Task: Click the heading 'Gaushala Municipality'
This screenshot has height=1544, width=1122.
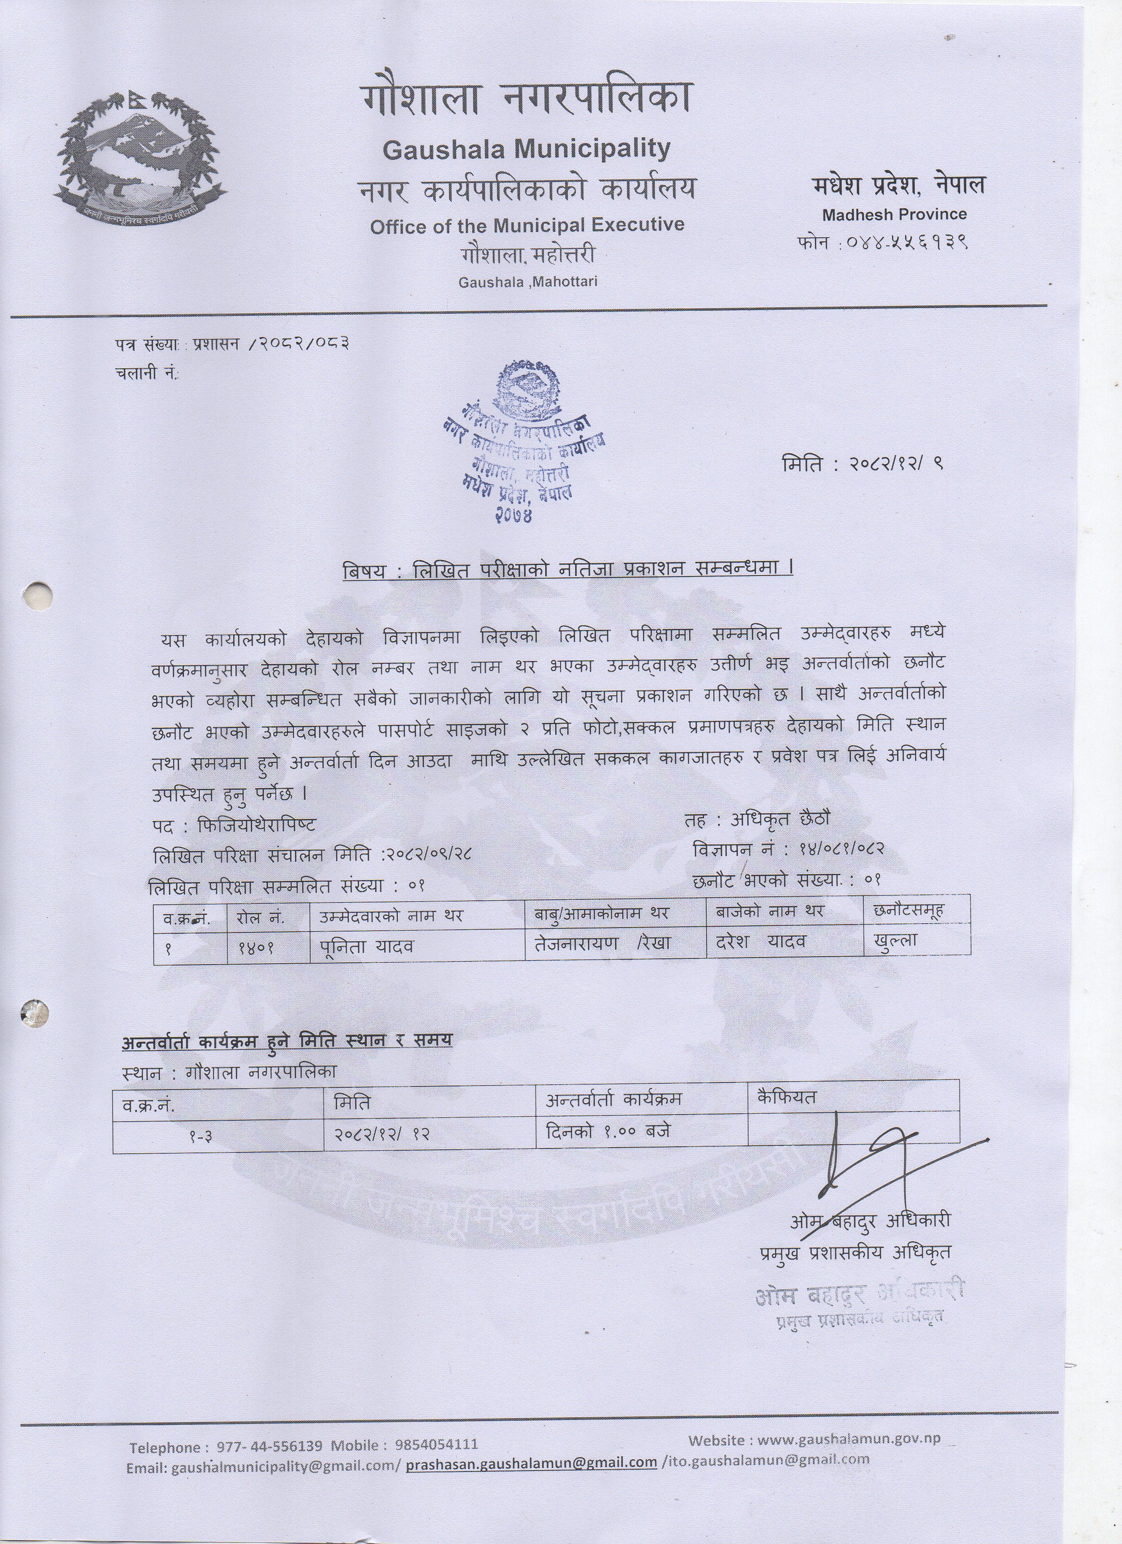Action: pos(526,148)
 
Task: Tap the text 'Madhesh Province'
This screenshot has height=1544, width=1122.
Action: pos(894,214)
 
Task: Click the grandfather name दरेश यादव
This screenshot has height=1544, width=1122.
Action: pos(761,942)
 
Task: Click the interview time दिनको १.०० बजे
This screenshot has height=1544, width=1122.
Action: pos(608,1131)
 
